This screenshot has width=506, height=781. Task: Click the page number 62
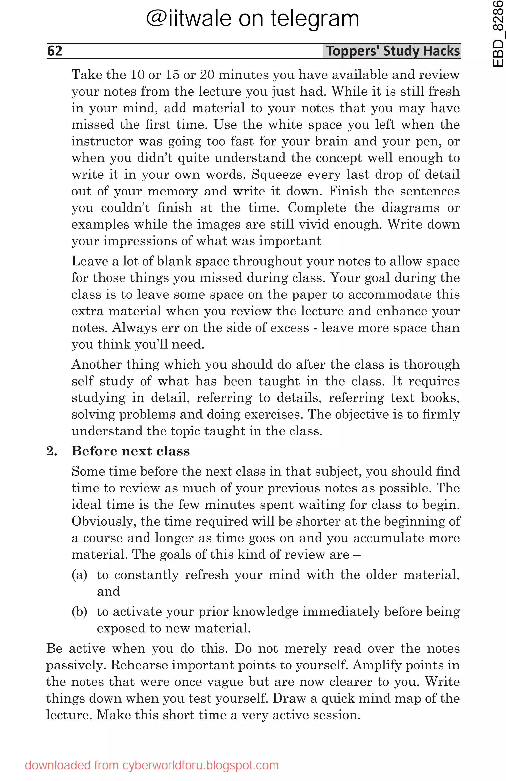point(55,51)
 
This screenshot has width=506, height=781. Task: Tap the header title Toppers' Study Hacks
point(393,51)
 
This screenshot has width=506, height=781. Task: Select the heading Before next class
point(131,451)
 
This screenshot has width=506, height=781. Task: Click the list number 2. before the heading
point(52,451)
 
